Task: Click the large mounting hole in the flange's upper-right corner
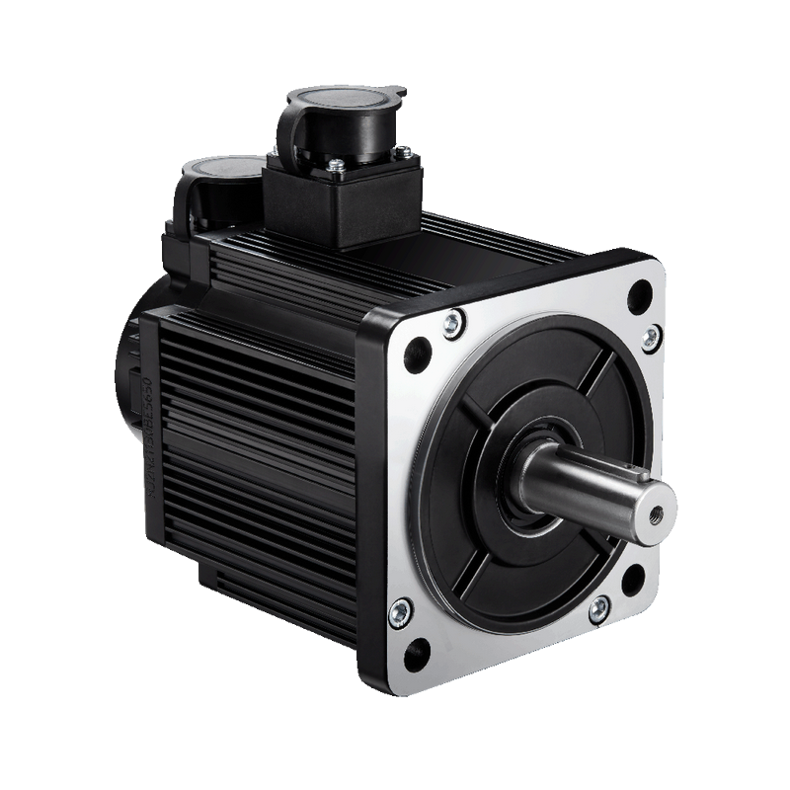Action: [x=640, y=292]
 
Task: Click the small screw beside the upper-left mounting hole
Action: [x=451, y=322]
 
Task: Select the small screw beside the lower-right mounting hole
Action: [x=598, y=608]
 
